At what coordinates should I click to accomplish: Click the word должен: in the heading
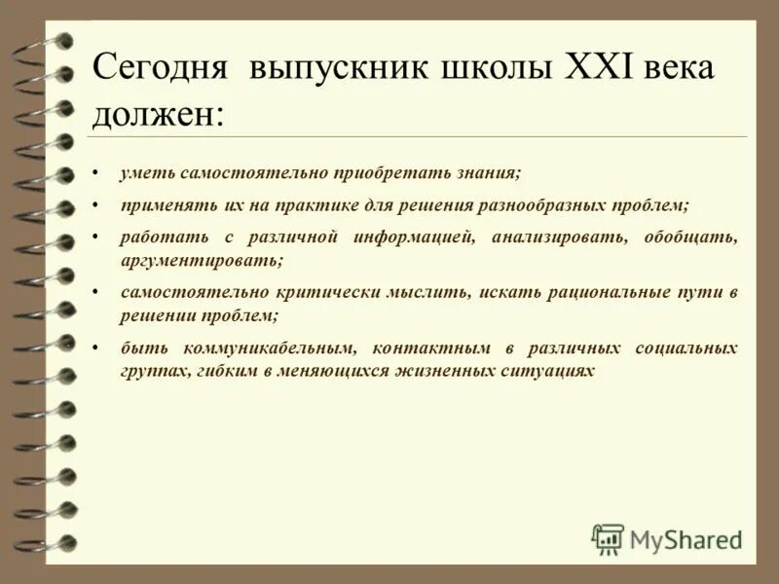(x=157, y=114)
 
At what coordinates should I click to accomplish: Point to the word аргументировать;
(x=202, y=260)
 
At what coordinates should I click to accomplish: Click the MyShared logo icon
(x=608, y=538)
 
